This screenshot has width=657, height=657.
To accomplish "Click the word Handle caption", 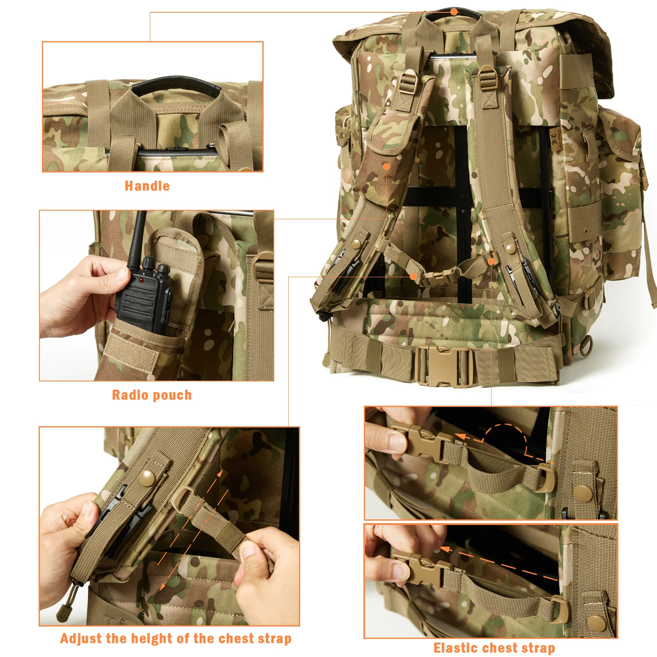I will tap(147, 186).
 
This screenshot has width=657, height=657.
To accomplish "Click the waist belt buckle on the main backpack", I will tap(443, 365).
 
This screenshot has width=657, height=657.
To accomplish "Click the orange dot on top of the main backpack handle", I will tap(454, 11).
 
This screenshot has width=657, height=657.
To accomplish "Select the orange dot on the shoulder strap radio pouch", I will tap(386, 166).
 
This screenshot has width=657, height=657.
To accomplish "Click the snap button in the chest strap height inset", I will tap(147, 478).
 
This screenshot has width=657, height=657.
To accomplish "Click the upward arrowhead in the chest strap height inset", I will tap(221, 474).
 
